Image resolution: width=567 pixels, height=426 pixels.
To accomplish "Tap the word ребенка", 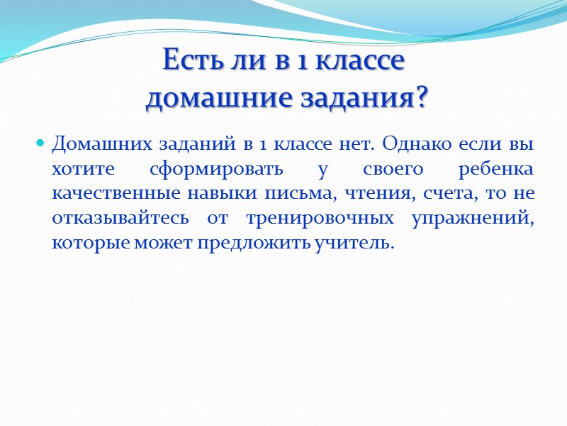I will pos(499,169).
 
